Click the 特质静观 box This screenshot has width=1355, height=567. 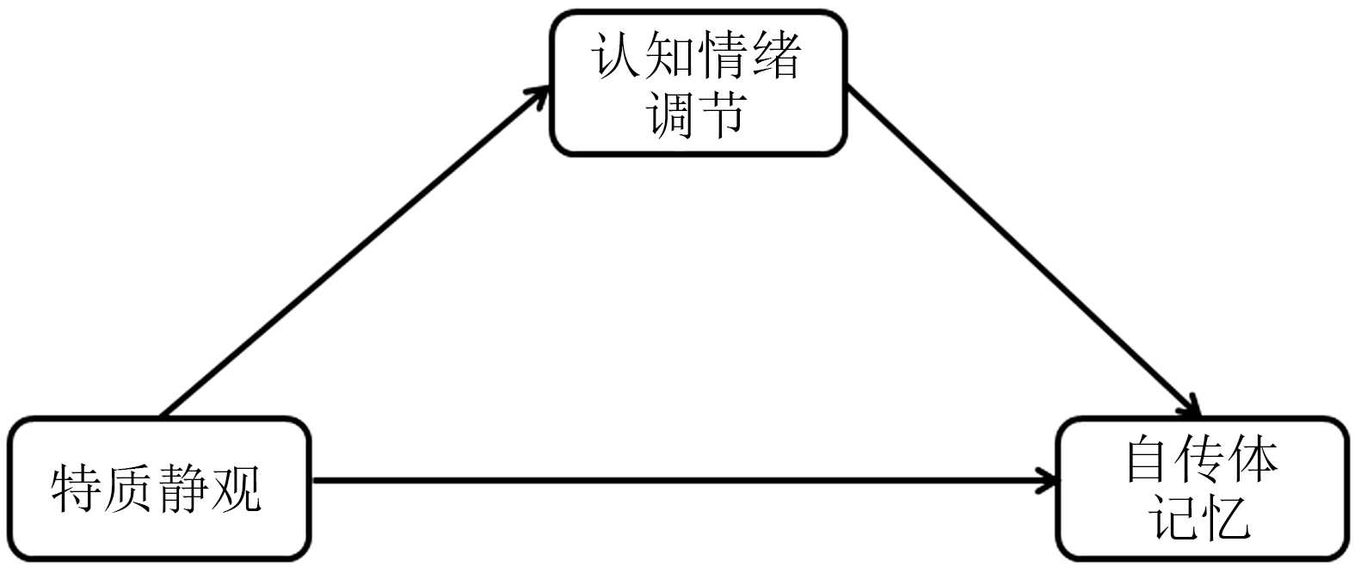pyautogui.click(x=158, y=488)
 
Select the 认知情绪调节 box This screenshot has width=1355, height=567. pyautogui.click(x=698, y=83)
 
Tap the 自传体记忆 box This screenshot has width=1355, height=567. pyautogui.click(x=1202, y=488)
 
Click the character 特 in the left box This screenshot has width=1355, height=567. pyautogui.click(x=77, y=489)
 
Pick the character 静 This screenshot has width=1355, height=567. pyautogui.click(x=183, y=489)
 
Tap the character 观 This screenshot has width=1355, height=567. pyautogui.click(x=236, y=489)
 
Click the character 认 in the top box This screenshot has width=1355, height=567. pyautogui.click(x=618, y=57)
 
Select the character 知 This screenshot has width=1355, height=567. pyautogui.click(x=671, y=57)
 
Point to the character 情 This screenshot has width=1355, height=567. pyautogui.click(x=724, y=57)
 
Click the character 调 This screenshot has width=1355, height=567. pyautogui.click(x=671, y=114)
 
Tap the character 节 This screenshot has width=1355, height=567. pyautogui.click(x=724, y=114)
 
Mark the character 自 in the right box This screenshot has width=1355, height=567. pyautogui.click(x=1149, y=460)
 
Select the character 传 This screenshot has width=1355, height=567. pyautogui.click(x=1202, y=460)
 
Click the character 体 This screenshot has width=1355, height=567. pyautogui.click(x=1254, y=460)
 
